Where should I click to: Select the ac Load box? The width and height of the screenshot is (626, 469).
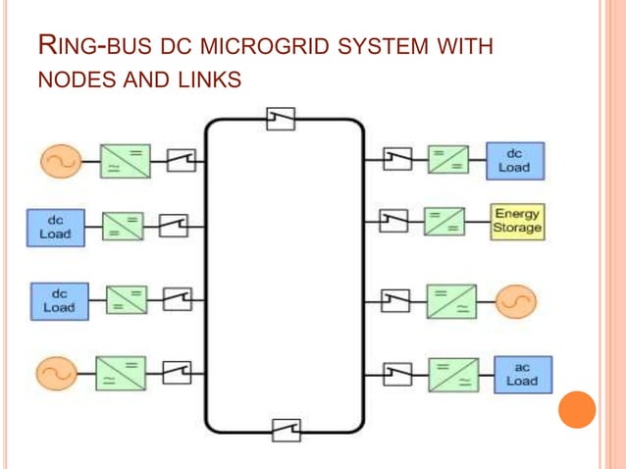pos(522,374)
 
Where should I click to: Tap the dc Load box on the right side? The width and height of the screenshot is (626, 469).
pos(514,160)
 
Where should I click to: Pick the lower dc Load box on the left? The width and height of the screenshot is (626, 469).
pos(59,300)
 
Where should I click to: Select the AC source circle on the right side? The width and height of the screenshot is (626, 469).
pos(516,301)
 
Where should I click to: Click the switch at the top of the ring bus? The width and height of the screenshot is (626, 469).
pos(280,119)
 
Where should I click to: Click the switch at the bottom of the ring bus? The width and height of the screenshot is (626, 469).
pos(286,429)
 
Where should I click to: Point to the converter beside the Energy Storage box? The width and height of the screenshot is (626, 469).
pos(444,222)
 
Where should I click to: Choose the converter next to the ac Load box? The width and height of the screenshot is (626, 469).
pos(453,374)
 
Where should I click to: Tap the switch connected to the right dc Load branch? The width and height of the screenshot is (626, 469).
pos(397,158)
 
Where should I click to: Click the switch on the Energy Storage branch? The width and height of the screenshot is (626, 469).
pos(394,220)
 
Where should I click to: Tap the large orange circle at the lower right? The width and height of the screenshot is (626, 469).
pos(577,409)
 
